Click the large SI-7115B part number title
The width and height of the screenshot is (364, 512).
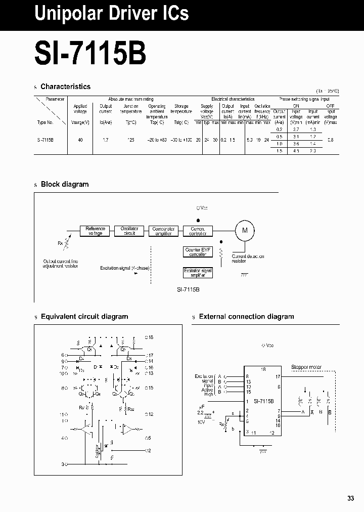[x=90, y=53]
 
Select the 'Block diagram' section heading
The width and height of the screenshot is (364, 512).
[x=64, y=184]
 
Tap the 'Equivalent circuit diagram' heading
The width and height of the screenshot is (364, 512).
[x=84, y=317]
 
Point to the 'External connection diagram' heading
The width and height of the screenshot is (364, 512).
[x=246, y=317]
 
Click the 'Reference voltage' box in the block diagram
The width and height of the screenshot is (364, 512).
[x=95, y=231]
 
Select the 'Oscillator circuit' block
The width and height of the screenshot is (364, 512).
[x=129, y=231]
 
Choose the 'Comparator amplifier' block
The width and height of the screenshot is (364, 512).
[x=163, y=231]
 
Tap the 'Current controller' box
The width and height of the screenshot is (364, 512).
[x=198, y=231]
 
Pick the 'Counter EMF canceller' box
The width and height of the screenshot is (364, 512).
[x=198, y=252]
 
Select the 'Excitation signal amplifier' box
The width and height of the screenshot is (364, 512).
[x=198, y=273]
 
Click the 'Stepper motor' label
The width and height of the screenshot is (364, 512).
[x=306, y=367]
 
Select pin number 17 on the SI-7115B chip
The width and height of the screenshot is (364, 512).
[x=278, y=377]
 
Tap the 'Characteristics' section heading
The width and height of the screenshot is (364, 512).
[x=65, y=87]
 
